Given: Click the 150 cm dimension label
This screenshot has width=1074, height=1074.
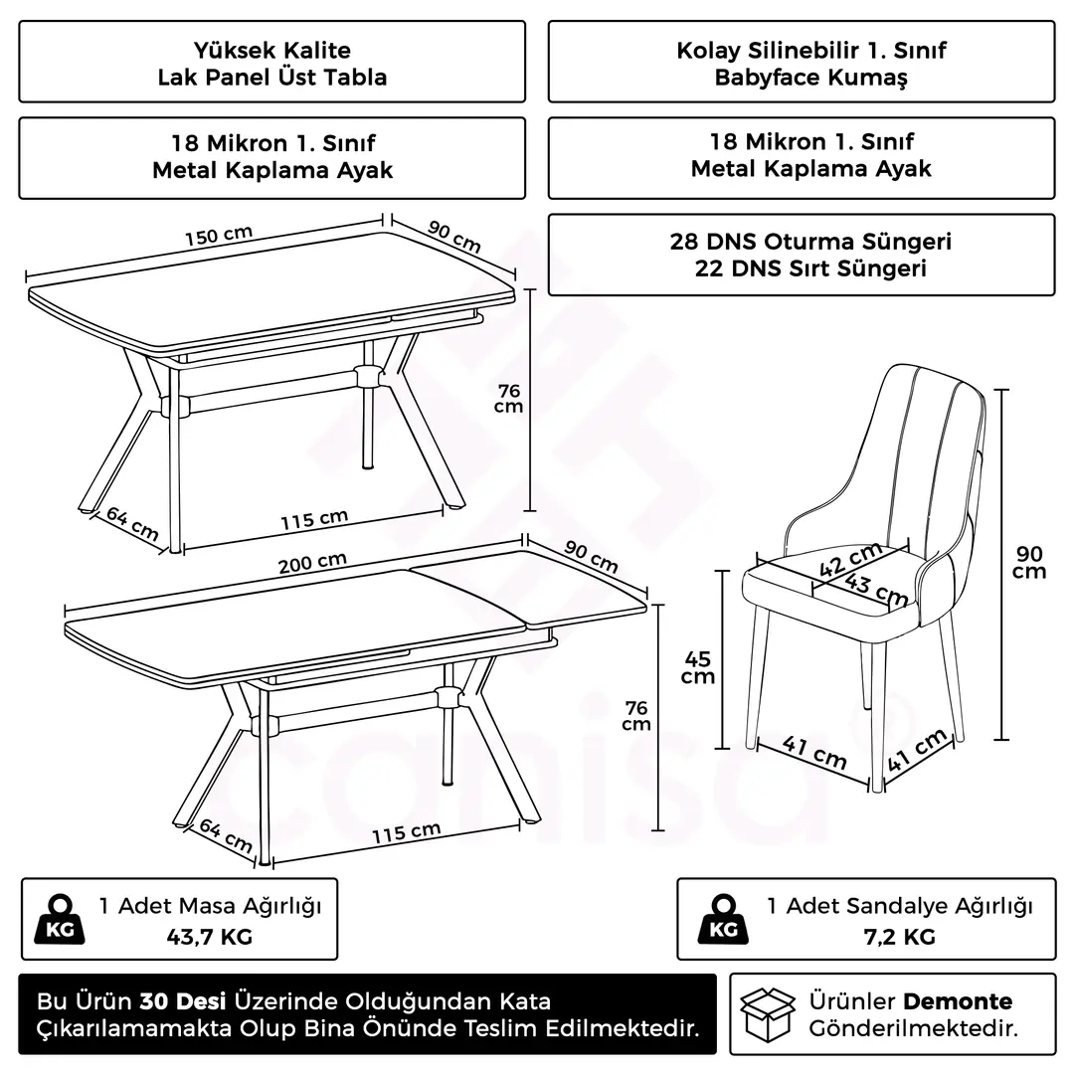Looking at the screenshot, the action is [x=219, y=235].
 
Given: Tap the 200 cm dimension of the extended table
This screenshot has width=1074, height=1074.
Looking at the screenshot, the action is [x=312, y=562].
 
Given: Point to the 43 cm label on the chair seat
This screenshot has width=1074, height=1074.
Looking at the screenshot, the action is [x=877, y=589].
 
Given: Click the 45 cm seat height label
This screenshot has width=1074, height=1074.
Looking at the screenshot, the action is [x=698, y=667].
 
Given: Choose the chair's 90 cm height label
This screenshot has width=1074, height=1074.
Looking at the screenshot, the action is [x=1029, y=562].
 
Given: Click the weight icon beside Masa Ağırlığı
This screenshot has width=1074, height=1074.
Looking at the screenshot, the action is [x=60, y=919].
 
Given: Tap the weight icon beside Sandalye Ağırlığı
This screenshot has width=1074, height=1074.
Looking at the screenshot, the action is [x=723, y=919].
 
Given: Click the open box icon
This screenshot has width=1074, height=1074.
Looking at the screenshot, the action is [x=769, y=1014].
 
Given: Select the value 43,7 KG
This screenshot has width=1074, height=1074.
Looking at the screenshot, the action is [x=210, y=937].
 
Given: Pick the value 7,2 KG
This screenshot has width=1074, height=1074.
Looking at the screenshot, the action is [x=899, y=937].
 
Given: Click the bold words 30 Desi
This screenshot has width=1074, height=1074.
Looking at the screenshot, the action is [x=183, y=1001].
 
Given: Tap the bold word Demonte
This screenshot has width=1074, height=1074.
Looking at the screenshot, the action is [x=958, y=1001].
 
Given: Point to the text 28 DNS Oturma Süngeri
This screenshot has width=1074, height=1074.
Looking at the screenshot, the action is [x=811, y=242].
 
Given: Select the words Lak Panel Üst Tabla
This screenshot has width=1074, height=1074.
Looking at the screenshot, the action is [x=272, y=78].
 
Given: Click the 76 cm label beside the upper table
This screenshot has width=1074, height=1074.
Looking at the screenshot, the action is [x=509, y=399].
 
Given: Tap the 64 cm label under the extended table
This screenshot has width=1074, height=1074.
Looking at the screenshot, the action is [x=226, y=835].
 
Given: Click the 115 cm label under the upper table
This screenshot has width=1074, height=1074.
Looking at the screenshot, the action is [x=314, y=520].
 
